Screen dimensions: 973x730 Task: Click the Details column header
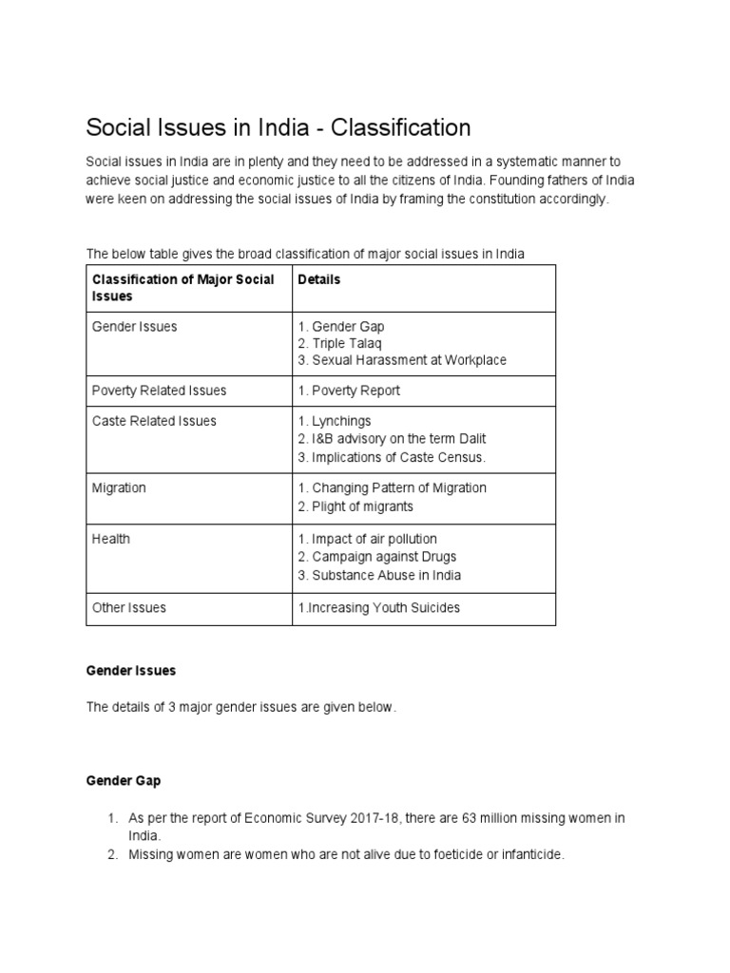[x=318, y=279]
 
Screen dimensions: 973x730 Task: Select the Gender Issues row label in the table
[x=134, y=327]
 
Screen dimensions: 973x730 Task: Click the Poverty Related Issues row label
[x=159, y=391]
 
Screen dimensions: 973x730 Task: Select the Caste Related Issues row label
[x=154, y=421]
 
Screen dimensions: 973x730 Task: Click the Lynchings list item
[x=335, y=421]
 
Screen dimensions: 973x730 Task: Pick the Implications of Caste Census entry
[x=392, y=457]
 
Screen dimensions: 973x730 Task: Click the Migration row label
[x=119, y=487]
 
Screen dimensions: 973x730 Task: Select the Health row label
[x=111, y=539]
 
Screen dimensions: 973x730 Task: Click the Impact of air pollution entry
[x=367, y=539]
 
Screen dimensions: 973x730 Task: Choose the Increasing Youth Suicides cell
[x=378, y=607]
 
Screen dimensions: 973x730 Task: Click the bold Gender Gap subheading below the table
[x=124, y=781]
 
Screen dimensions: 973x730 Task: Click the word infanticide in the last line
[x=528, y=855]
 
